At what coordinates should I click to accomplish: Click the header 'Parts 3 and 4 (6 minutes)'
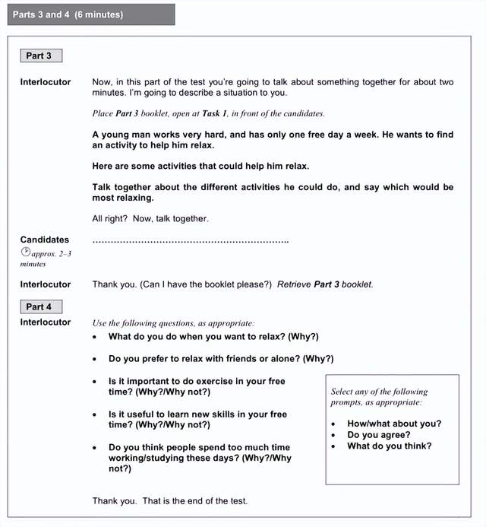[x=68, y=14]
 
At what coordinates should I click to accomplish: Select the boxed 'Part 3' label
[x=39, y=56]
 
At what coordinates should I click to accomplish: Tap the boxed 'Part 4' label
[x=39, y=306]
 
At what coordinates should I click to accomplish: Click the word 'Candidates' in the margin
[x=44, y=240]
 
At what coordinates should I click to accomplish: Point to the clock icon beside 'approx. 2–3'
[x=25, y=252]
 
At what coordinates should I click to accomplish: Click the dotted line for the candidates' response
[x=190, y=241]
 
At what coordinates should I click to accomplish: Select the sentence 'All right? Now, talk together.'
[x=150, y=219]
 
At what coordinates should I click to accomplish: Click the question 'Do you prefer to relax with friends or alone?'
[x=221, y=359]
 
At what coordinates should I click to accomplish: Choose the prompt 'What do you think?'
[x=389, y=446]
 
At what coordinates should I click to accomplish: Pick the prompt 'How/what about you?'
[x=393, y=424]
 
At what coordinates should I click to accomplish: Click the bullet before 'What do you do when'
[x=94, y=337]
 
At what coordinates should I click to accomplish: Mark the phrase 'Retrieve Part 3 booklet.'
[x=325, y=284]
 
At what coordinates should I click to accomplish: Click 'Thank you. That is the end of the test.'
[x=170, y=500]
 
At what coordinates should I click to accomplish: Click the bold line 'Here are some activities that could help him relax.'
[x=200, y=166]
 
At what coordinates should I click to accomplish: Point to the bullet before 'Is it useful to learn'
[x=94, y=414]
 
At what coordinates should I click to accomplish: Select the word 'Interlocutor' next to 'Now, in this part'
[x=46, y=82]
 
